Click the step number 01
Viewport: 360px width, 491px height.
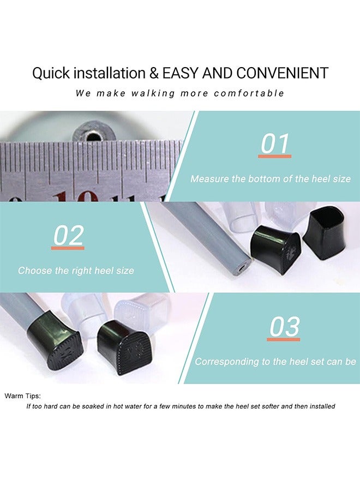click(275, 143)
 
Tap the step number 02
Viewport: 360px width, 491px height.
click(68, 236)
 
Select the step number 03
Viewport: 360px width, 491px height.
click(284, 327)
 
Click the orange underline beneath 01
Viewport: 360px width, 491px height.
click(275, 156)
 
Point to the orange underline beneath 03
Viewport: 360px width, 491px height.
click(283, 339)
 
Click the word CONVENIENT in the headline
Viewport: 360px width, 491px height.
click(283, 73)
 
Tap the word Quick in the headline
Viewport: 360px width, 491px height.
click(51, 73)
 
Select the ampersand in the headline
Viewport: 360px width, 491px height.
click(154, 73)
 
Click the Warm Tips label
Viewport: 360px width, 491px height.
click(22, 396)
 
